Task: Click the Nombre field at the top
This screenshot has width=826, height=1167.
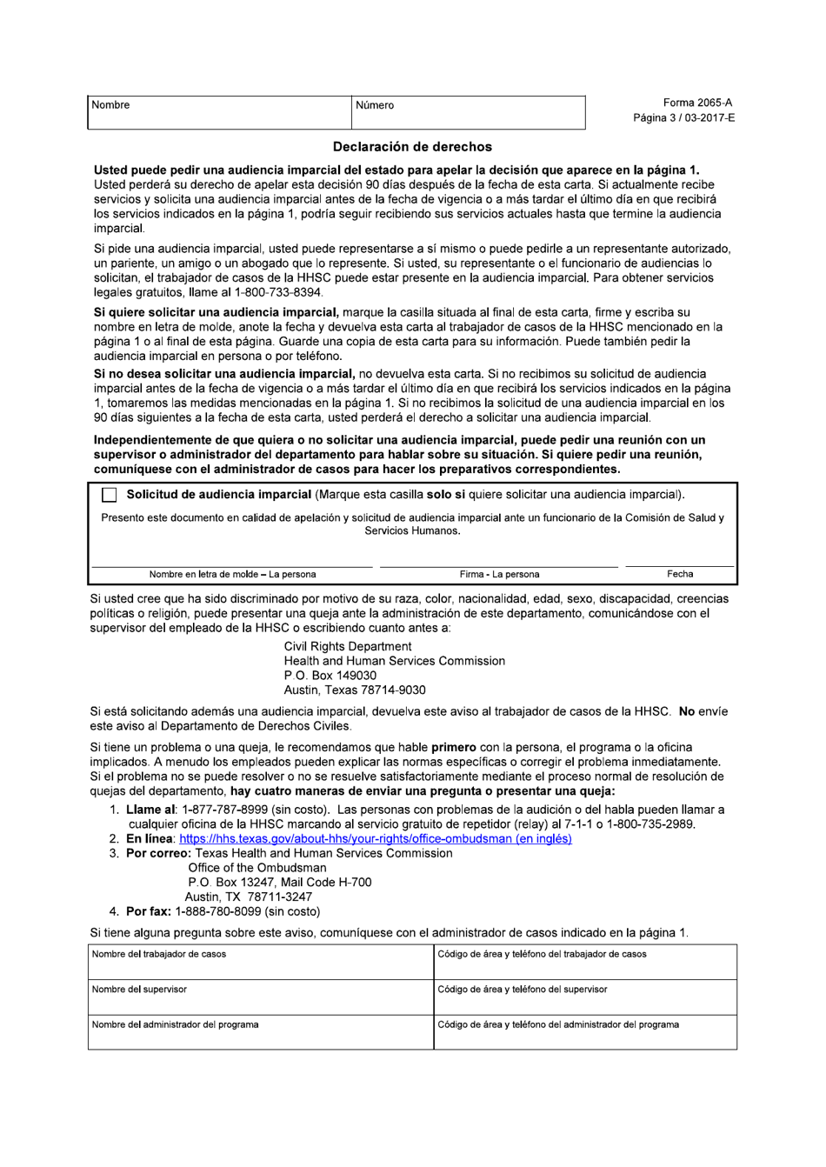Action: pyautogui.click(x=219, y=113)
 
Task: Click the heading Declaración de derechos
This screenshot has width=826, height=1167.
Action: pyautogui.click(x=412, y=147)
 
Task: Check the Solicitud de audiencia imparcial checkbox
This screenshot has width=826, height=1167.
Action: pyautogui.click(x=109, y=496)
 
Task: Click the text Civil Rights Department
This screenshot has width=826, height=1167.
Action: pyautogui.click(x=347, y=647)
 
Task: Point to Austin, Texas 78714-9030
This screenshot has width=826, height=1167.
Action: pyautogui.click(x=354, y=690)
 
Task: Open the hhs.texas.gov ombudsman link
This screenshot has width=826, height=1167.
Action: pyautogui.click(x=375, y=839)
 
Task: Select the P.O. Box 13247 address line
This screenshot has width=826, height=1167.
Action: pyautogui.click(x=279, y=883)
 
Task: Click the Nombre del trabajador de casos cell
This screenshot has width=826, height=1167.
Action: pyautogui.click(x=260, y=963)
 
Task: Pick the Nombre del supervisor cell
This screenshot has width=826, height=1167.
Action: pyautogui.click(x=260, y=997)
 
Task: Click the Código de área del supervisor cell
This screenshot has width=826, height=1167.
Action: pyautogui.click(x=584, y=997)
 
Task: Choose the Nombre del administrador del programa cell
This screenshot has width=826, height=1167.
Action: pyautogui.click(x=260, y=1032)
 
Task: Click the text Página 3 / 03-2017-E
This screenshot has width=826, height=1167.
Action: pyautogui.click(x=683, y=117)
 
